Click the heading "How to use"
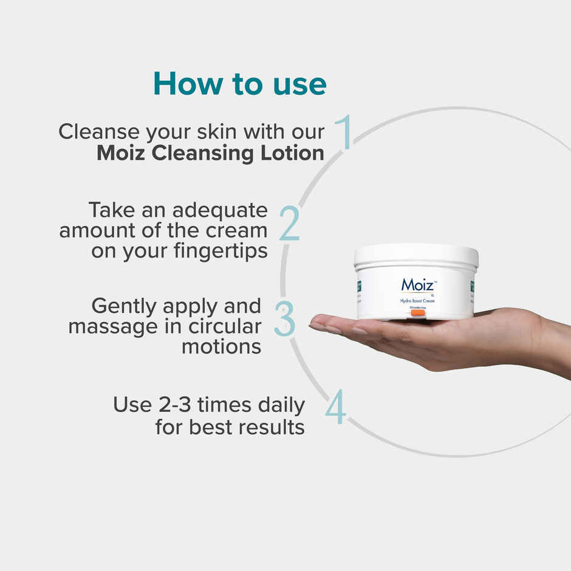pos(239,84)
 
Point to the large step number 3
pos(284,318)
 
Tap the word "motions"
pos(222,346)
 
